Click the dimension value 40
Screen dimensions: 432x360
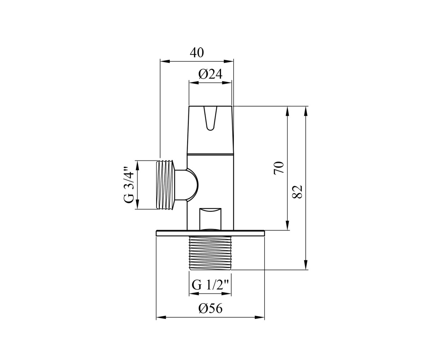(197, 53)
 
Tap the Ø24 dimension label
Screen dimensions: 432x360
(210, 74)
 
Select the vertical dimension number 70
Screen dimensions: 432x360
(279, 168)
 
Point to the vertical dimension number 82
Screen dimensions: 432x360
(297, 192)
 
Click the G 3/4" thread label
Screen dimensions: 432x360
(129, 185)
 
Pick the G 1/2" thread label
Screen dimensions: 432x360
(210, 285)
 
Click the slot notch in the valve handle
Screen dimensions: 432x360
(210, 118)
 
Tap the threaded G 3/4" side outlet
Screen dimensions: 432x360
(165, 185)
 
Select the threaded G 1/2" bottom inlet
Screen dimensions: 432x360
(210, 253)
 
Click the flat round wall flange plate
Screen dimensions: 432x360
(210, 233)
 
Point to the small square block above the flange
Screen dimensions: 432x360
(210, 219)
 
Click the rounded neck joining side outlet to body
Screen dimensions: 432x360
(187, 185)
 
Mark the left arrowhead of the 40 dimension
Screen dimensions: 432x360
(165, 62)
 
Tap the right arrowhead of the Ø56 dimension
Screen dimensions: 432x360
(260, 323)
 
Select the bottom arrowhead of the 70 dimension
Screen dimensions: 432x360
(287, 225)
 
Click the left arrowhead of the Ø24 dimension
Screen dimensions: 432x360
(194, 83)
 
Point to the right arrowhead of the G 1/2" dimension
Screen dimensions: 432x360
(226, 294)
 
